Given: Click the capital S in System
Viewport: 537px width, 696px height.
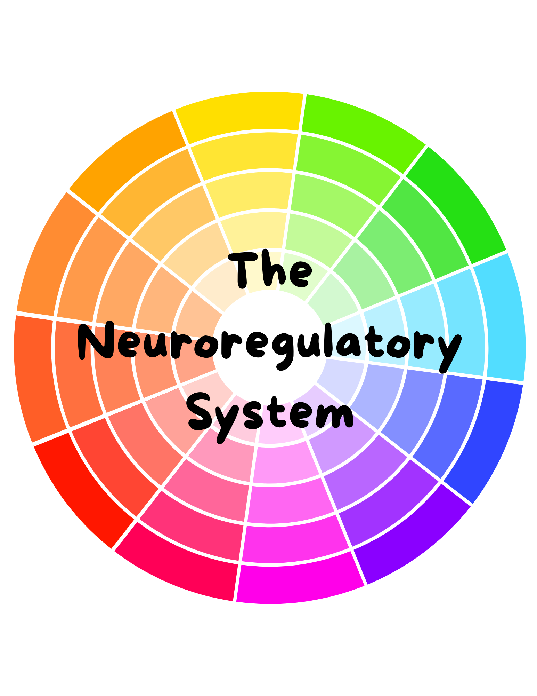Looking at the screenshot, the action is pos(199,411).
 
